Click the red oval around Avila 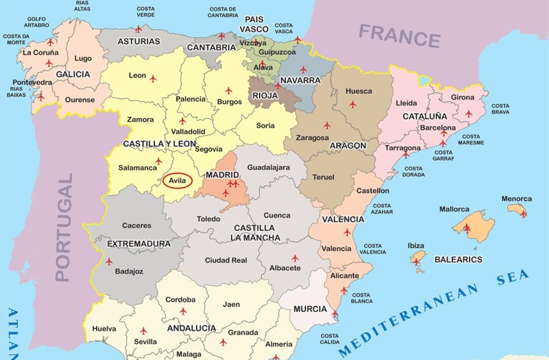[x=177, y=181]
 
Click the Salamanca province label [x=137, y=168]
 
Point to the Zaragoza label [x=312, y=138]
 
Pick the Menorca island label [x=516, y=199]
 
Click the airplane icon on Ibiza [x=416, y=262]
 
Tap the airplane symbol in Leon [x=153, y=78]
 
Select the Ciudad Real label [x=226, y=260]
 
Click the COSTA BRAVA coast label [x=500, y=109]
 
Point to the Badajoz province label [x=129, y=271]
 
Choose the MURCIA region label [x=310, y=309]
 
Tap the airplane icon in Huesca [x=353, y=105]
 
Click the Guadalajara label [x=268, y=167]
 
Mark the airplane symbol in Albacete [x=295, y=258]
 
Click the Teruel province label [x=323, y=177]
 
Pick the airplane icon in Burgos [x=229, y=90]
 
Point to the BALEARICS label [x=458, y=259]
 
